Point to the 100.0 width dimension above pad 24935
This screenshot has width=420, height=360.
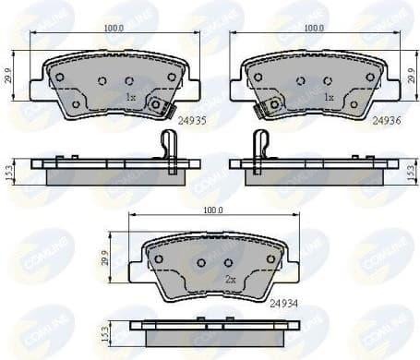[x=114, y=29]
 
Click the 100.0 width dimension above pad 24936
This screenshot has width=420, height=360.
[x=314, y=29]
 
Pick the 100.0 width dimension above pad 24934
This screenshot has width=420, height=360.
[x=213, y=211]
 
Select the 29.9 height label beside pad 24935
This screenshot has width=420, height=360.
[x=10, y=76]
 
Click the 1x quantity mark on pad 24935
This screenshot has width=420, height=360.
[x=130, y=96]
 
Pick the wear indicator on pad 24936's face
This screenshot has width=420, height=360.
[x=271, y=105]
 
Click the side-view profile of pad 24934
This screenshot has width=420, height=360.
[x=214, y=330]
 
